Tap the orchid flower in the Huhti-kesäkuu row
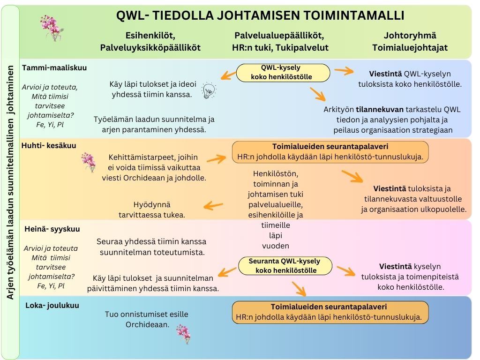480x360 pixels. (88, 162)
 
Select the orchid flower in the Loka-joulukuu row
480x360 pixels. (183, 334)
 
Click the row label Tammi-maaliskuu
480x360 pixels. (54, 67)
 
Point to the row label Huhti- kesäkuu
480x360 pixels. (49, 145)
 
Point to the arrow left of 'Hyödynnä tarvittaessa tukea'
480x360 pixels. (213, 205)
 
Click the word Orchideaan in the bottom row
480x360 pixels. (147, 324)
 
